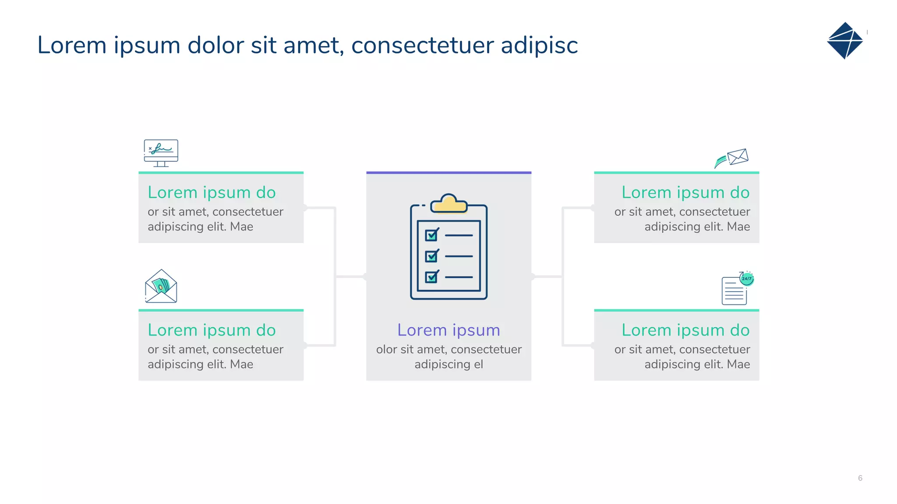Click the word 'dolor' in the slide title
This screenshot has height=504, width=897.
coord(215,45)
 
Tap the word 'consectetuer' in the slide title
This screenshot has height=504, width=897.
coord(422,45)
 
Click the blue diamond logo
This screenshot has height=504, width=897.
coord(845,41)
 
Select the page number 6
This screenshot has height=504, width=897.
coord(860,478)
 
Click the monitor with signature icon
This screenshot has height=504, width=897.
coord(161,153)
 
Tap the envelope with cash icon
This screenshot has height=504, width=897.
coord(161,287)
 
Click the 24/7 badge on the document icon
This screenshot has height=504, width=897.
coord(746,279)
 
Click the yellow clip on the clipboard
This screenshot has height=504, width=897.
coord(449,204)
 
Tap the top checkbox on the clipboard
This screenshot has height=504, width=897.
coord(431,235)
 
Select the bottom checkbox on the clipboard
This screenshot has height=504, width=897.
coord(431,277)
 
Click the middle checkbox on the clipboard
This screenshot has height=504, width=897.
coord(431,256)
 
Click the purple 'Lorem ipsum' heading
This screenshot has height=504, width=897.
coord(448,330)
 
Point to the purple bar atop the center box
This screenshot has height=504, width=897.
coord(448,173)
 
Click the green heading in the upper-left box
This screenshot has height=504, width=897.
coord(212,192)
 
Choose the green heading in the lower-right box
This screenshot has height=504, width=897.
coord(685,330)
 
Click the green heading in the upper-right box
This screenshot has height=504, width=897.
coord(685,192)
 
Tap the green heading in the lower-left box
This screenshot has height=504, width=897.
coord(212,330)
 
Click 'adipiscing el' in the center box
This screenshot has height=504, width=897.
coord(448,364)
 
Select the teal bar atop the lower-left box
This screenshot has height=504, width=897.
coord(221,310)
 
